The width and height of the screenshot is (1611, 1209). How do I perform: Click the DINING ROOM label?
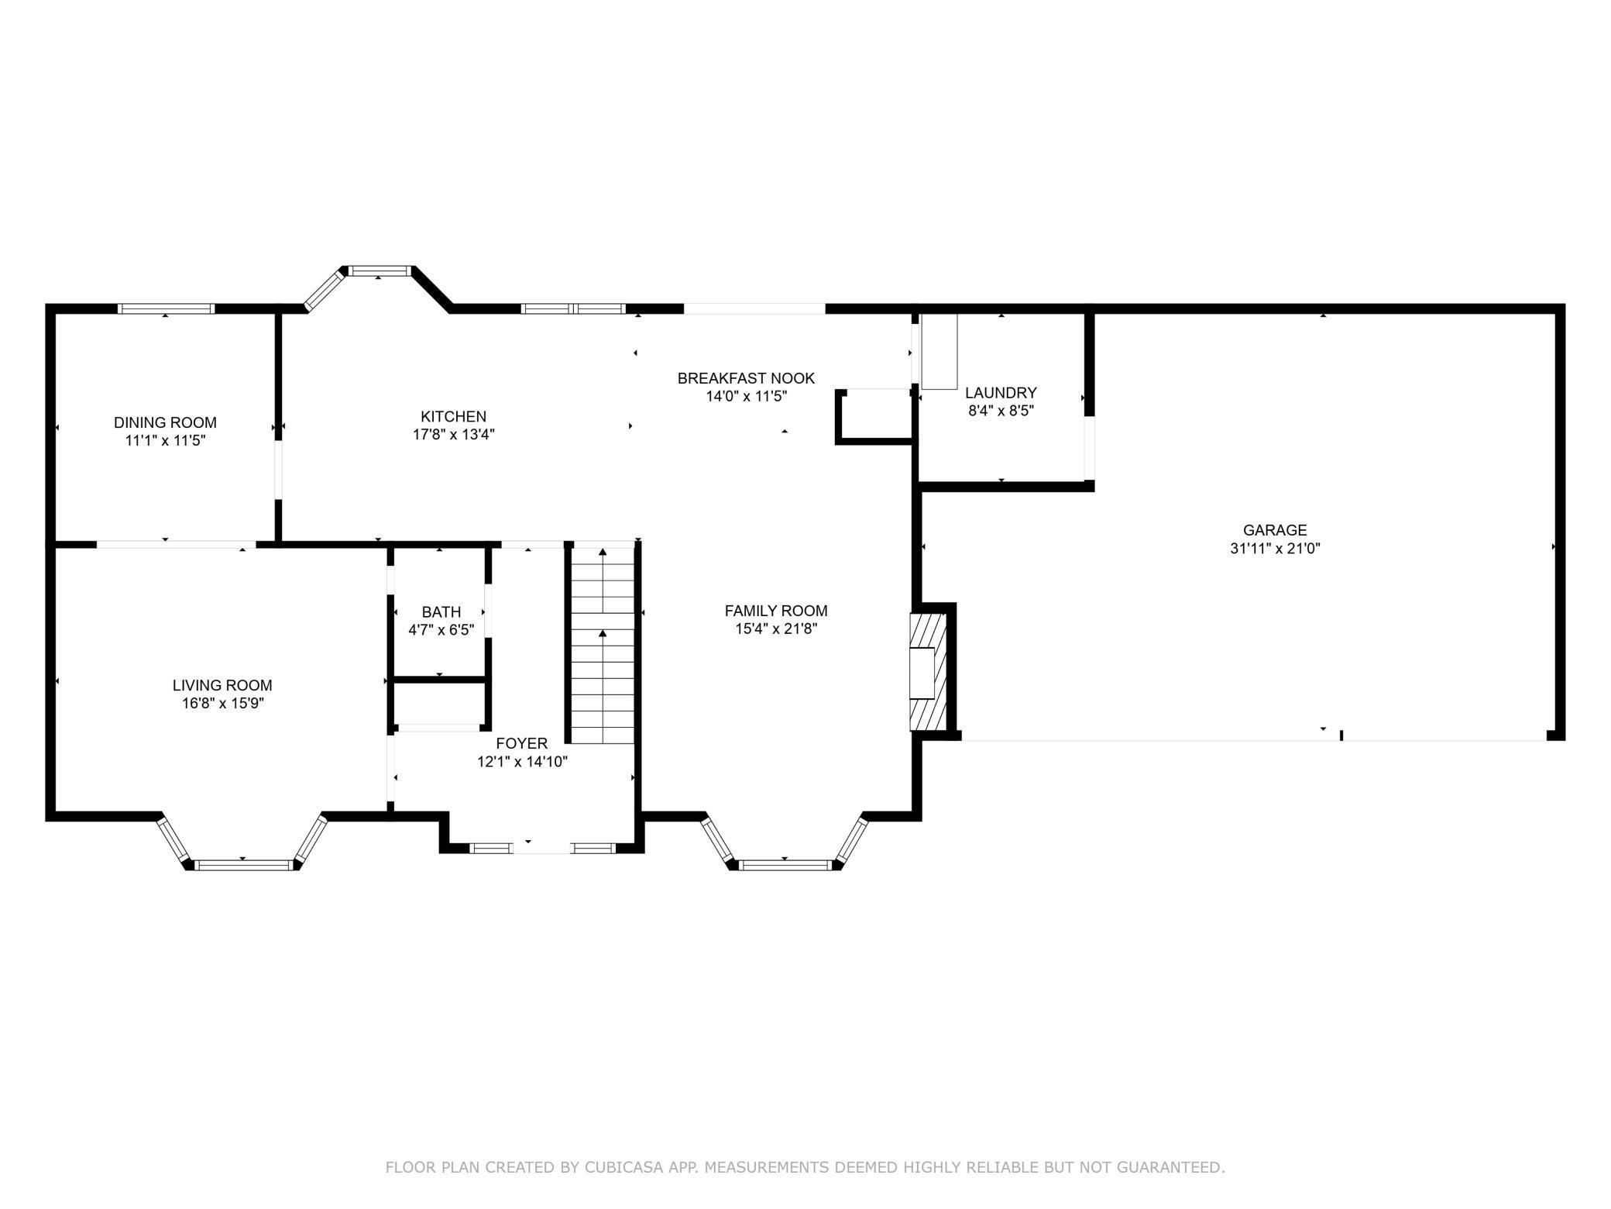165,422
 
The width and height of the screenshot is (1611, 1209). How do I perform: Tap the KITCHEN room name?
454,417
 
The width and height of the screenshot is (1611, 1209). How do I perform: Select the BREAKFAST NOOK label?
746,378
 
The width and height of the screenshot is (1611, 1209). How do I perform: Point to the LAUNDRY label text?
1001,393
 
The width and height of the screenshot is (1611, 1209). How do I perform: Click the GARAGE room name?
1275,530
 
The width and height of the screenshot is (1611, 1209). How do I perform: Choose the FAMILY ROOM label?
776,611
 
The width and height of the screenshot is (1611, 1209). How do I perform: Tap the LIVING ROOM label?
222,685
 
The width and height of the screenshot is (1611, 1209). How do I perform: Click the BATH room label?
441,612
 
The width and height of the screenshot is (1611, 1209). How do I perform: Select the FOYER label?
522,744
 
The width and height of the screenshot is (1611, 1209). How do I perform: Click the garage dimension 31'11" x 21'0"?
1275,549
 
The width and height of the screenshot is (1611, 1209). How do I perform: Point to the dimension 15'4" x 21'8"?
776,629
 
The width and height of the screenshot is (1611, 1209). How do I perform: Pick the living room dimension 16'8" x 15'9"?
222,704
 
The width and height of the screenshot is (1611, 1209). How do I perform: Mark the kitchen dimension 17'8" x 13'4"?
454,436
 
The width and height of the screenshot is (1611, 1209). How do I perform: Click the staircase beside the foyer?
603,644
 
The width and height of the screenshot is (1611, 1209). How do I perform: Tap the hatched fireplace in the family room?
927,672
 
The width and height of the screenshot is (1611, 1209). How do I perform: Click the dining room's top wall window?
166,308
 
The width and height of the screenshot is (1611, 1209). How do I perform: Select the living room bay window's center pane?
243,865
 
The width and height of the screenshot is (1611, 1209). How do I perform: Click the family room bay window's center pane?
785,865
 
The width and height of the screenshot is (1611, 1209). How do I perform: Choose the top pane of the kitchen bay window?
378,270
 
